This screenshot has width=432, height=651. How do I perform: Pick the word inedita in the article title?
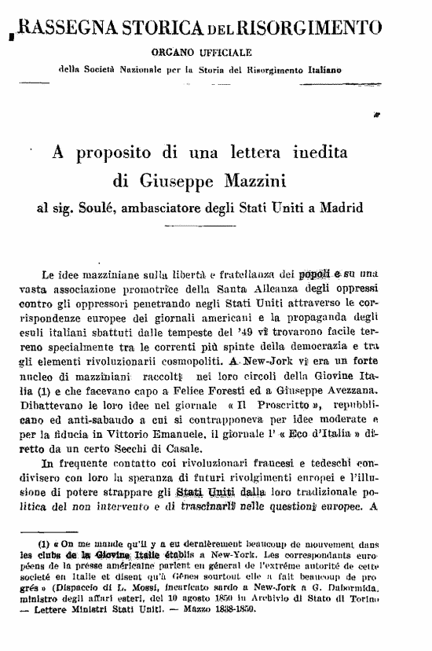309,152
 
